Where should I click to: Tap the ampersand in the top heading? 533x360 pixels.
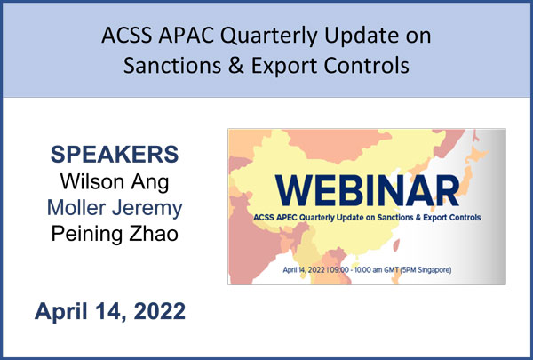(x=236, y=65)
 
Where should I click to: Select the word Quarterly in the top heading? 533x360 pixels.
(x=269, y=36)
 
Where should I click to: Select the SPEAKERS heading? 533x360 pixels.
(x=115, y=154)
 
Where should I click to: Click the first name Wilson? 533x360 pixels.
(x=91, y=181)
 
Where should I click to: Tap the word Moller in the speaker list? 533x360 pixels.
(x=76, y=208)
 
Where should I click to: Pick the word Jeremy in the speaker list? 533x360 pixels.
(x=147, y=209)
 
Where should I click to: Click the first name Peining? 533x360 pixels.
(x=88, y=235)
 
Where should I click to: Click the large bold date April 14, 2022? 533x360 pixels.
(x=110, y=311)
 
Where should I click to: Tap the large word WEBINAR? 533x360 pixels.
(x=367, y=190)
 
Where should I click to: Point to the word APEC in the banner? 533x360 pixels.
(x=288, y=217)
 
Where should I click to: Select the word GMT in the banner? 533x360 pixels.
(x=391, y=270)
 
